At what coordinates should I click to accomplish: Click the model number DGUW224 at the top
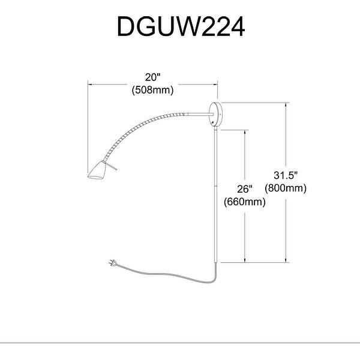pos(180,26)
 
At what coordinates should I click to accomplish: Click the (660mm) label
pos(244,202)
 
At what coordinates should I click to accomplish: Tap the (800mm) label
pos(286,188)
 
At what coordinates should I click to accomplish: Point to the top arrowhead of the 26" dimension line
pos(244,130)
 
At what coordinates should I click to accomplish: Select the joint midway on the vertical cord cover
pos(215,187)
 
